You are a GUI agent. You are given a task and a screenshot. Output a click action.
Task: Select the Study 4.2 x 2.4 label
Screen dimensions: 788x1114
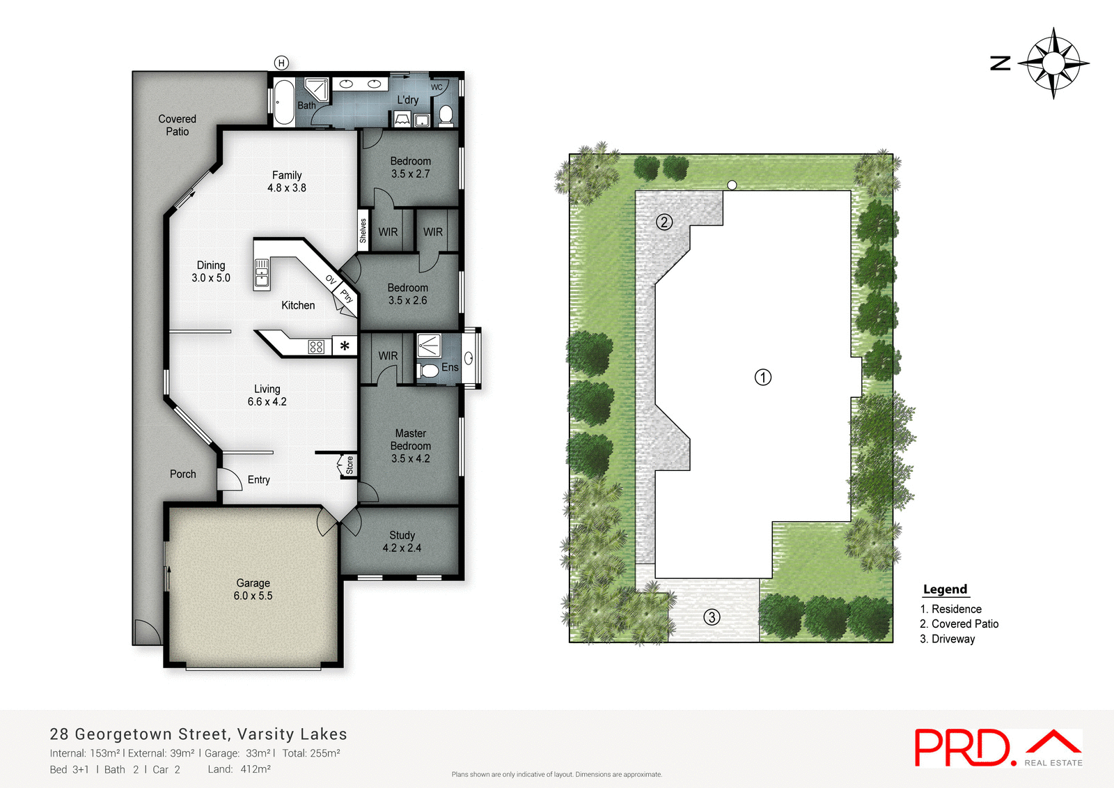[402, 541]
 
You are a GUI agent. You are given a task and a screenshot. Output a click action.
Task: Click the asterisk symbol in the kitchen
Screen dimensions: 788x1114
[345, 346]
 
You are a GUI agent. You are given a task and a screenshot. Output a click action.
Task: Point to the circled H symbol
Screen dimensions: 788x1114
[281, 63]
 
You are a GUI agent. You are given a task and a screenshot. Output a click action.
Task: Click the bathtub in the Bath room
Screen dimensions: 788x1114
[283, 102]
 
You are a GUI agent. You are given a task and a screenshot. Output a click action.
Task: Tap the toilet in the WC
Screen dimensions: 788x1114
[446, 114]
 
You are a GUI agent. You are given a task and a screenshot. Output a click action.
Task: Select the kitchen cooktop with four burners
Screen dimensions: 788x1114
[316, 346]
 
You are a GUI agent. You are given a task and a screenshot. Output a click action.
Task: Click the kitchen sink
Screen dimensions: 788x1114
[262, 273]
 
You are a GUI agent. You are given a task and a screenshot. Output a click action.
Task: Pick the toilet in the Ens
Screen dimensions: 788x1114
[429, 370]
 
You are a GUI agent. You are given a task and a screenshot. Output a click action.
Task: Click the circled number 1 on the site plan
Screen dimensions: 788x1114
[763, 378]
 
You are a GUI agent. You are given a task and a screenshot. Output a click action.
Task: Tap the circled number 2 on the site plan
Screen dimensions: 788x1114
[664, 222]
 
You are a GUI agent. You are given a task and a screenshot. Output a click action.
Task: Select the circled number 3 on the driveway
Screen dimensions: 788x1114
[712, 617]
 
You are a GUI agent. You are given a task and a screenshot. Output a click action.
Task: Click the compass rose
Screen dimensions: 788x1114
[1053, 63]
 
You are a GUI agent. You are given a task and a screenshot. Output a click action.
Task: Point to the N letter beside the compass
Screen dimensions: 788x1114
[1001, 63]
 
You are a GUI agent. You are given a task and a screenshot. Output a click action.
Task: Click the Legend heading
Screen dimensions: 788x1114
[945, 589]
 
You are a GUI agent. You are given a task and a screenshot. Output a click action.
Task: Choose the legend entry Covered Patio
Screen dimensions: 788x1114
[959, 624]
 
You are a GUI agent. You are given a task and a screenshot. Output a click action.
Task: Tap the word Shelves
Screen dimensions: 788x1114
[363, 231]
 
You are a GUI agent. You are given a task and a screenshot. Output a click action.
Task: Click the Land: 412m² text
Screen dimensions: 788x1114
[239, 769]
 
